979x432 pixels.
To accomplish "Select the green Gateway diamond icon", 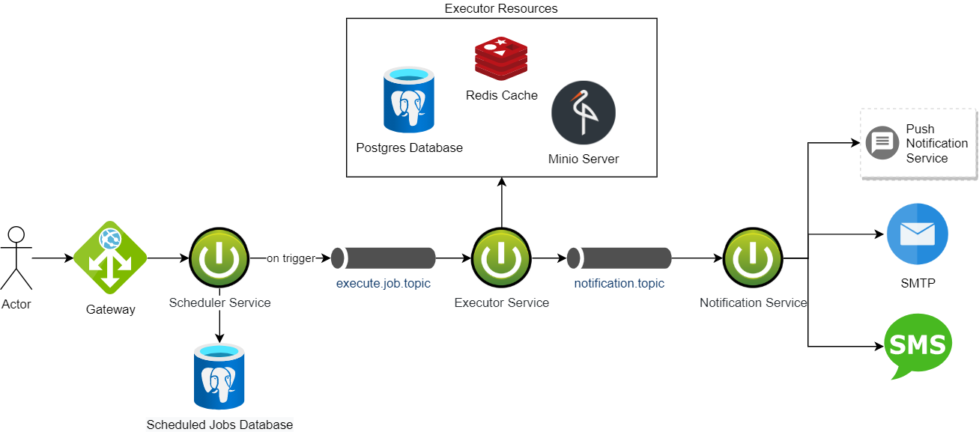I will coord(110,258).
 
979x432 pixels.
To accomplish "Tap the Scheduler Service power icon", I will coord(218,258).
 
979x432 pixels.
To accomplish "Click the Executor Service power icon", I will coord(501,258).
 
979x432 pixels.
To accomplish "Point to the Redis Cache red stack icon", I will coord(501,60).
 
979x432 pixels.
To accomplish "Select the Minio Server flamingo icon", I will coord(584,113).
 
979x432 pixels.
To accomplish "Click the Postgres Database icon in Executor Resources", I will coord(409,100).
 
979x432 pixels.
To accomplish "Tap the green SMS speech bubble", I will coord(918,346).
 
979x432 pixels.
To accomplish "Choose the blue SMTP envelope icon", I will coord(917,234).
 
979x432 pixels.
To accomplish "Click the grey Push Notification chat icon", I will coord(882,142).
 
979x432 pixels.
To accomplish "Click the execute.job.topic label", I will coord(383,284).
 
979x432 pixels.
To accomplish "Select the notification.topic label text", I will coord(619,284).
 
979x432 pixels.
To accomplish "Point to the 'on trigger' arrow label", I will coord(291,258).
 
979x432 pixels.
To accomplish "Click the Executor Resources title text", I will coord(501,9).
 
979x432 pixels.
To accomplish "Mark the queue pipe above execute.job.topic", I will coord(383,258).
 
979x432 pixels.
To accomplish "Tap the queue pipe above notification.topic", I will coord(619,258).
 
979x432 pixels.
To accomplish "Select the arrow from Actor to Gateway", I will coord(52,258).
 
